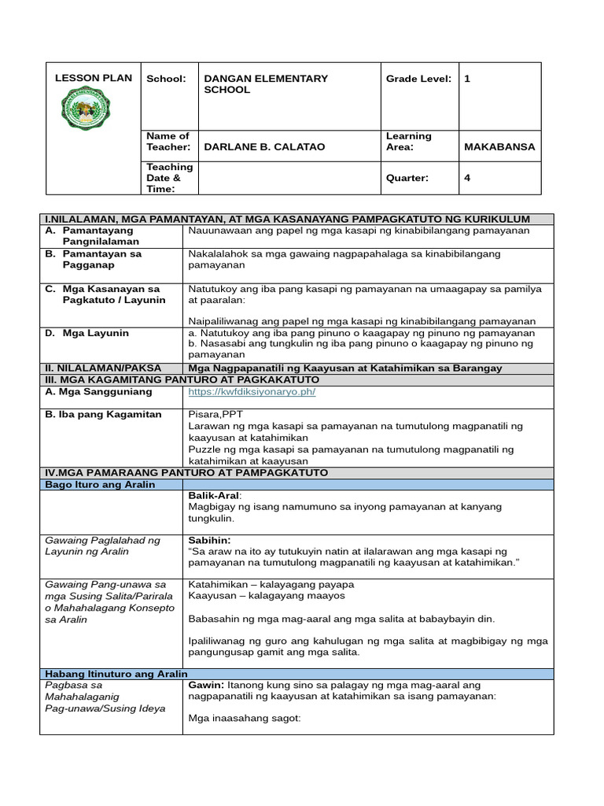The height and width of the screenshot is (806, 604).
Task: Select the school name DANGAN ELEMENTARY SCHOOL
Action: coord(265,84)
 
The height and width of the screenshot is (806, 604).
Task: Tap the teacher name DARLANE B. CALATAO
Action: coord(264,147)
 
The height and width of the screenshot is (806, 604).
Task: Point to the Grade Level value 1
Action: coord(467,79)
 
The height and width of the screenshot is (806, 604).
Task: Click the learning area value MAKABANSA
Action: coord(499,147)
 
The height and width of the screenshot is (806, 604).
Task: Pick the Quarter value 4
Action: coord(467,178)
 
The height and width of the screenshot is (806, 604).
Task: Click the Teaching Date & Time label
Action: coord(169,178)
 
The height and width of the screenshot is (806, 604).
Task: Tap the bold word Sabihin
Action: coord(209,541)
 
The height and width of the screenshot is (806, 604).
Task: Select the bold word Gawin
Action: coord(206,686)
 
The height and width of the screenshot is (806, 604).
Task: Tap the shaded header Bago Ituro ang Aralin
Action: coord(99,485)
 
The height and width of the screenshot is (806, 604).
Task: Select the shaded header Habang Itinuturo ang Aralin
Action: coord(114,674)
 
